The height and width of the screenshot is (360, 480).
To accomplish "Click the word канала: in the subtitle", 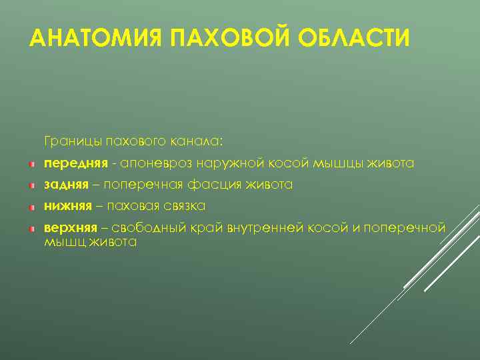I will (200, 141).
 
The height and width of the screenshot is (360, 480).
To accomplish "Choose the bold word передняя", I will (76, 163).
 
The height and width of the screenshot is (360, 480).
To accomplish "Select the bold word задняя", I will (66, 185).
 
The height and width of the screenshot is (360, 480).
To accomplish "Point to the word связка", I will (183, 206).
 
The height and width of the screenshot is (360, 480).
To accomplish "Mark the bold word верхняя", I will (71, 228).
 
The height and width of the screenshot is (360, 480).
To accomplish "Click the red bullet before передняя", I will (31, 164).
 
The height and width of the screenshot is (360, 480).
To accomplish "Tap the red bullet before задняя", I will (31, 185).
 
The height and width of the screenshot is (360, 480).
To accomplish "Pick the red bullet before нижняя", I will (31, 207).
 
